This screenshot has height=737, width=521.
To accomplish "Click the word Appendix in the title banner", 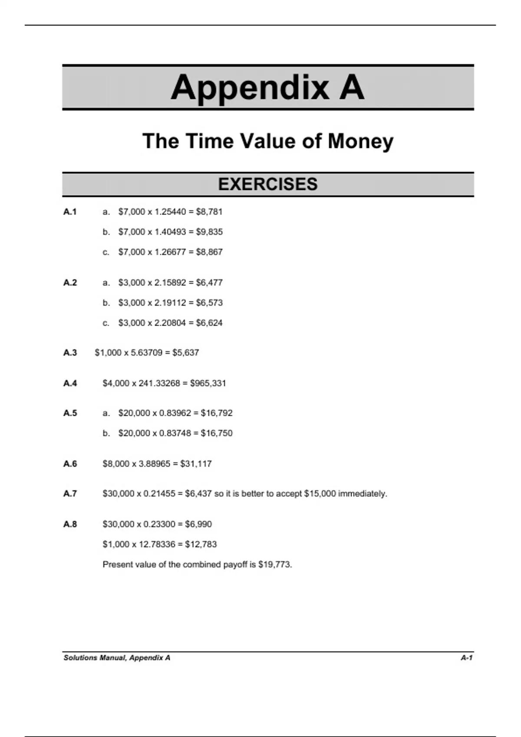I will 250,88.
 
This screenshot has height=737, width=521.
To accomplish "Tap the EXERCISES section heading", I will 268,184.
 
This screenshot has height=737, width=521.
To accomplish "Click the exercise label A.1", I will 70,212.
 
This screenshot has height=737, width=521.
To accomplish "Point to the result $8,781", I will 209,212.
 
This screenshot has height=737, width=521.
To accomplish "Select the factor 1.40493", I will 170,232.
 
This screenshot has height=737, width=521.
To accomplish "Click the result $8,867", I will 209,252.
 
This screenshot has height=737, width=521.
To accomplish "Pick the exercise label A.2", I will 70,283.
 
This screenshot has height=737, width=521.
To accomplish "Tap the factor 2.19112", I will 170,303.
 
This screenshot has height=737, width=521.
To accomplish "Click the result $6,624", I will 209,323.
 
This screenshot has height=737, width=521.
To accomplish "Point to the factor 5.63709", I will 147,353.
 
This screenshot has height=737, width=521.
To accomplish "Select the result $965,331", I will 208,383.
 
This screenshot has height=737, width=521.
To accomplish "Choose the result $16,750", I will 217,433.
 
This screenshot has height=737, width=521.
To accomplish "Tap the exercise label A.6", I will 70,464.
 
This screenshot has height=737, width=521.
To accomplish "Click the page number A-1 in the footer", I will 467,658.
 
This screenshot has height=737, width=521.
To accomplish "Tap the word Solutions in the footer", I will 80,658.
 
